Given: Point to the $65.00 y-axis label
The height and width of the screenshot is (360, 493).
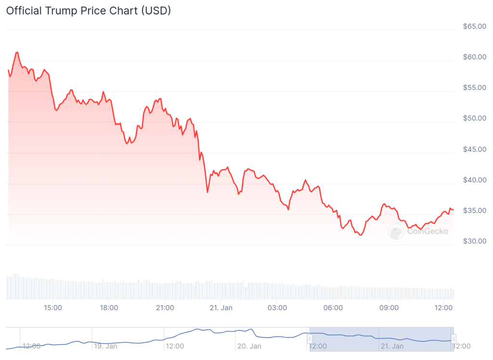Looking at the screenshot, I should [x=474, y=26].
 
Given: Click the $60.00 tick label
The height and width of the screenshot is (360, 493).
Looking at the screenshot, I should [x=474, y=57].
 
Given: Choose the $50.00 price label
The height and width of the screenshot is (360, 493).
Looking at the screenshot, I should [x=474, y=118].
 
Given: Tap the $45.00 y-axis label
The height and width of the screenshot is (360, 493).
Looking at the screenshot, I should [x=474, y=149].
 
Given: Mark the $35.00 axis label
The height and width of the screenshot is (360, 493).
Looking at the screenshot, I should [x=474, y=211].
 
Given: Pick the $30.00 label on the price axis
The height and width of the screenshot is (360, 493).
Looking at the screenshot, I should [x=474, y=241].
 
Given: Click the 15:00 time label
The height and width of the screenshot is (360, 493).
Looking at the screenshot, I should [x=52, y=307].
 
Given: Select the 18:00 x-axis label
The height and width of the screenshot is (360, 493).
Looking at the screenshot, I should [x=109, y=307].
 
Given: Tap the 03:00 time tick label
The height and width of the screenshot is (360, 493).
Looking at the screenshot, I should [x=277, y=307].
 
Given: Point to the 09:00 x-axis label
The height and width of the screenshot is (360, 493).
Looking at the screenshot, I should [x=389, y=307].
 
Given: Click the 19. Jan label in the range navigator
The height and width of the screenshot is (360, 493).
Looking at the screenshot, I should [x=105, y=346].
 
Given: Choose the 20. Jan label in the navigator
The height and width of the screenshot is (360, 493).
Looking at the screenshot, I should [x=249, y=346].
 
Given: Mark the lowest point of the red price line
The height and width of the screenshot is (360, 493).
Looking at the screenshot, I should [x=361, y=235].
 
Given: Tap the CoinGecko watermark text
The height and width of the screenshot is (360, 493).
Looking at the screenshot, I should [x=428, y=231].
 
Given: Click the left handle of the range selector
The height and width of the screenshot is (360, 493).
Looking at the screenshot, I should [x=310, y=339].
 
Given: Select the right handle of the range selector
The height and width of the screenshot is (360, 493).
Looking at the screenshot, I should [x=454, y=339].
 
